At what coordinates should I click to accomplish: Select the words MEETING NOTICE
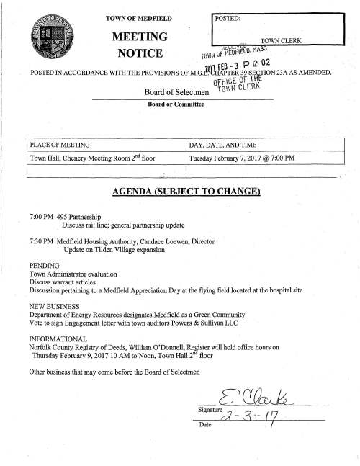pyautogui.click(x=138, y=45)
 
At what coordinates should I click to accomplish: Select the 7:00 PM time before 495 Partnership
pyautogui.click(x=40, y=216)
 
